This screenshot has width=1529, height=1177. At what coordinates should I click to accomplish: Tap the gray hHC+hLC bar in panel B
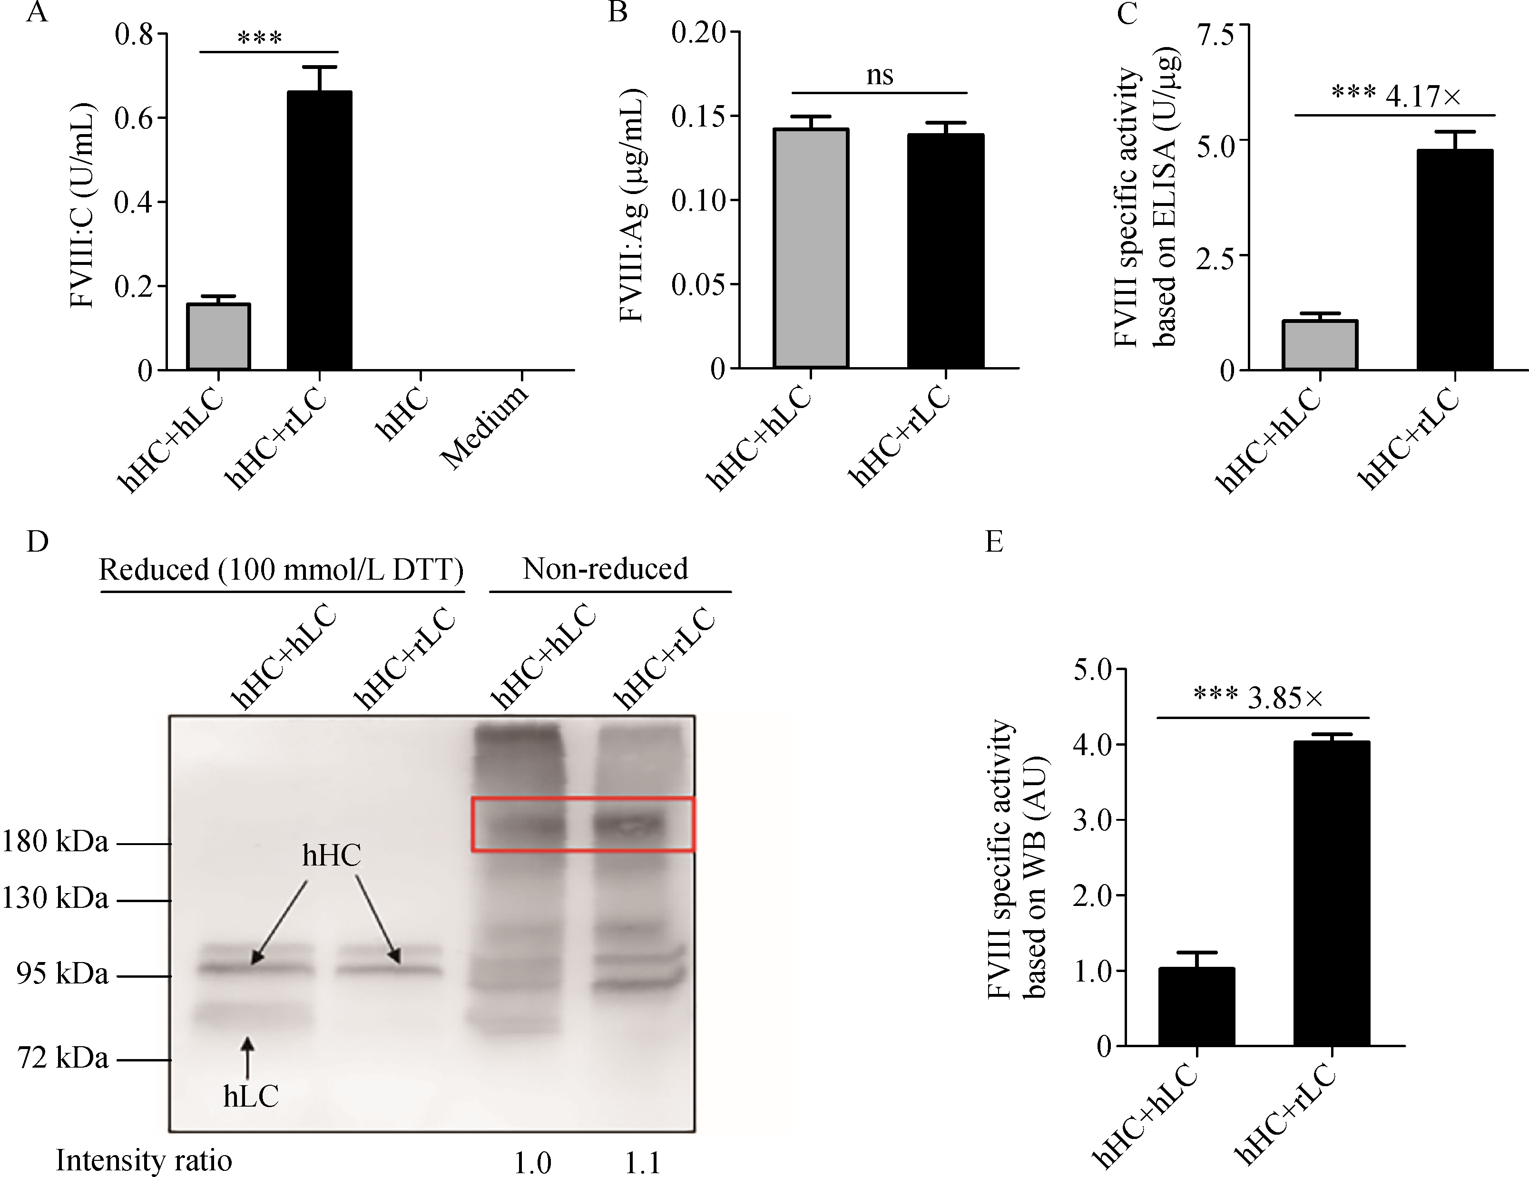pos(811,248)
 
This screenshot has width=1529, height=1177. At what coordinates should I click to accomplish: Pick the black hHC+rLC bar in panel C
pos(1455,259)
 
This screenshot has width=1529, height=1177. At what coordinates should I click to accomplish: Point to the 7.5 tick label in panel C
pos(1215,34)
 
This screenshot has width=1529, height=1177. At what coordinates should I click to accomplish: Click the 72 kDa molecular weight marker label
pos(63,1058)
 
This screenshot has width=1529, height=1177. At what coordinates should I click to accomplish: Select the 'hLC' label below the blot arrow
pos(251,1096)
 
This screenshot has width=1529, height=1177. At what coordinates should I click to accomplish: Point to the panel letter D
pos(37,541)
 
